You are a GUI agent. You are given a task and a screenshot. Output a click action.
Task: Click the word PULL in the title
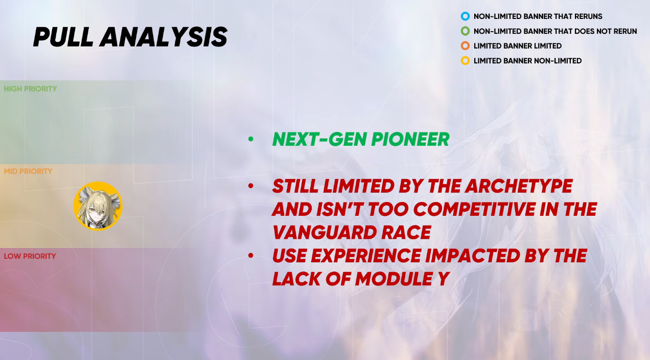click(x=63, y=37)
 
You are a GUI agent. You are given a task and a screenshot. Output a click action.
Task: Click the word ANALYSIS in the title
click(x=164, y=37)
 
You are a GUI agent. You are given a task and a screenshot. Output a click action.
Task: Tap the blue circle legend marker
click(x=465, y=16)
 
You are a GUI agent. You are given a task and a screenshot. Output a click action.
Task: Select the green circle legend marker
click(x=465, y=31)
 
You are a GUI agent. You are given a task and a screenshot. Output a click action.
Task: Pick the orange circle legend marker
click(x=465, y=46)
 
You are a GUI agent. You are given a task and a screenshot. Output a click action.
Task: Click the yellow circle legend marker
click(x=465, y=61)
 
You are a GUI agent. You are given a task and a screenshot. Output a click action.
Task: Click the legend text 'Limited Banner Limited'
click(x=518, y=46)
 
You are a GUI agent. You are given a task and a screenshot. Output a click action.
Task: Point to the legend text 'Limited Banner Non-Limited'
click(x=527, y=61)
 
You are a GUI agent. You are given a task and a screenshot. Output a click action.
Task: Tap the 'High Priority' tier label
click(x=30, y=89)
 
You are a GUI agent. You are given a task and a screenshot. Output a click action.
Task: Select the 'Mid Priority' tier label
click(x=28, y=171)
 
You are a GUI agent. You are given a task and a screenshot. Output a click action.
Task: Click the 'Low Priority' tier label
click(x=30, y=256)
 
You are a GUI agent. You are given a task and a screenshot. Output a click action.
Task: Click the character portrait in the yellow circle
click(x=98, y=206)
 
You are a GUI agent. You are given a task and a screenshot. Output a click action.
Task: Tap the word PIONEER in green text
click(x=410, y=140)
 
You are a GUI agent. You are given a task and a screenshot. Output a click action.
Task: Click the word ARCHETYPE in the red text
click(x=519, y=186)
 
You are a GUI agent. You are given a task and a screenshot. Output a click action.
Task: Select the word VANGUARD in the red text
click(x=323, y=233)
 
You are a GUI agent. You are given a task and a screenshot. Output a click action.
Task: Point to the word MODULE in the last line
click(x=394, y=279)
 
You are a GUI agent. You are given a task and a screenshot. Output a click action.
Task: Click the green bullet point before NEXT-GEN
click(x=251, y=140)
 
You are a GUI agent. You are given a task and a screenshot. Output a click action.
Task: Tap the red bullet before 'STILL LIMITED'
click(x=251, y=186)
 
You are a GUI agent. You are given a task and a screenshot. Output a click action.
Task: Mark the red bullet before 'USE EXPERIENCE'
click(x=251, y=256)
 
